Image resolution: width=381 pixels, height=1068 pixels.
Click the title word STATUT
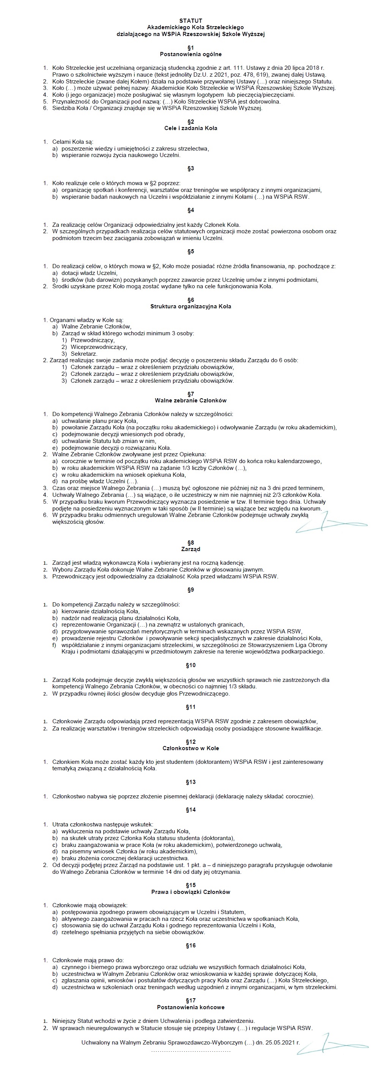[190, 21]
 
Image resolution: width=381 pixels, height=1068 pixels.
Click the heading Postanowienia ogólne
[190, 54]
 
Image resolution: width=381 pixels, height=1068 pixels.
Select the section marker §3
[190, 169]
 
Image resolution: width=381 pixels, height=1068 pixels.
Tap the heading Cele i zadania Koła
[190, 128]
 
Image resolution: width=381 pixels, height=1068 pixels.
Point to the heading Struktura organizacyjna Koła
[190, 306]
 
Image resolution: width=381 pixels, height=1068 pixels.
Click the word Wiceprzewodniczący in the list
[99, 347]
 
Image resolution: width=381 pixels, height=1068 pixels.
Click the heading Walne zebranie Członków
[190, 400]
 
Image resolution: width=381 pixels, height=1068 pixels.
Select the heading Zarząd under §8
[190, 549]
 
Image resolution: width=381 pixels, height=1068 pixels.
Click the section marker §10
[190, 666]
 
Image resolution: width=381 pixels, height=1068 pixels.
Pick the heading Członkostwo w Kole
[190, 748]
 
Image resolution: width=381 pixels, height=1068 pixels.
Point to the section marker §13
[190, 782]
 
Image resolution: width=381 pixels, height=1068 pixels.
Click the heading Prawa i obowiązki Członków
[190, 892]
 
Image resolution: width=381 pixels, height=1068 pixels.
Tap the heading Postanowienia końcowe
[190, 1007]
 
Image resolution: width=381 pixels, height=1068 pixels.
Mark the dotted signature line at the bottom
[190, 1051]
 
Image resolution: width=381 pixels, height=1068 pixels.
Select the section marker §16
[190, 946]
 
